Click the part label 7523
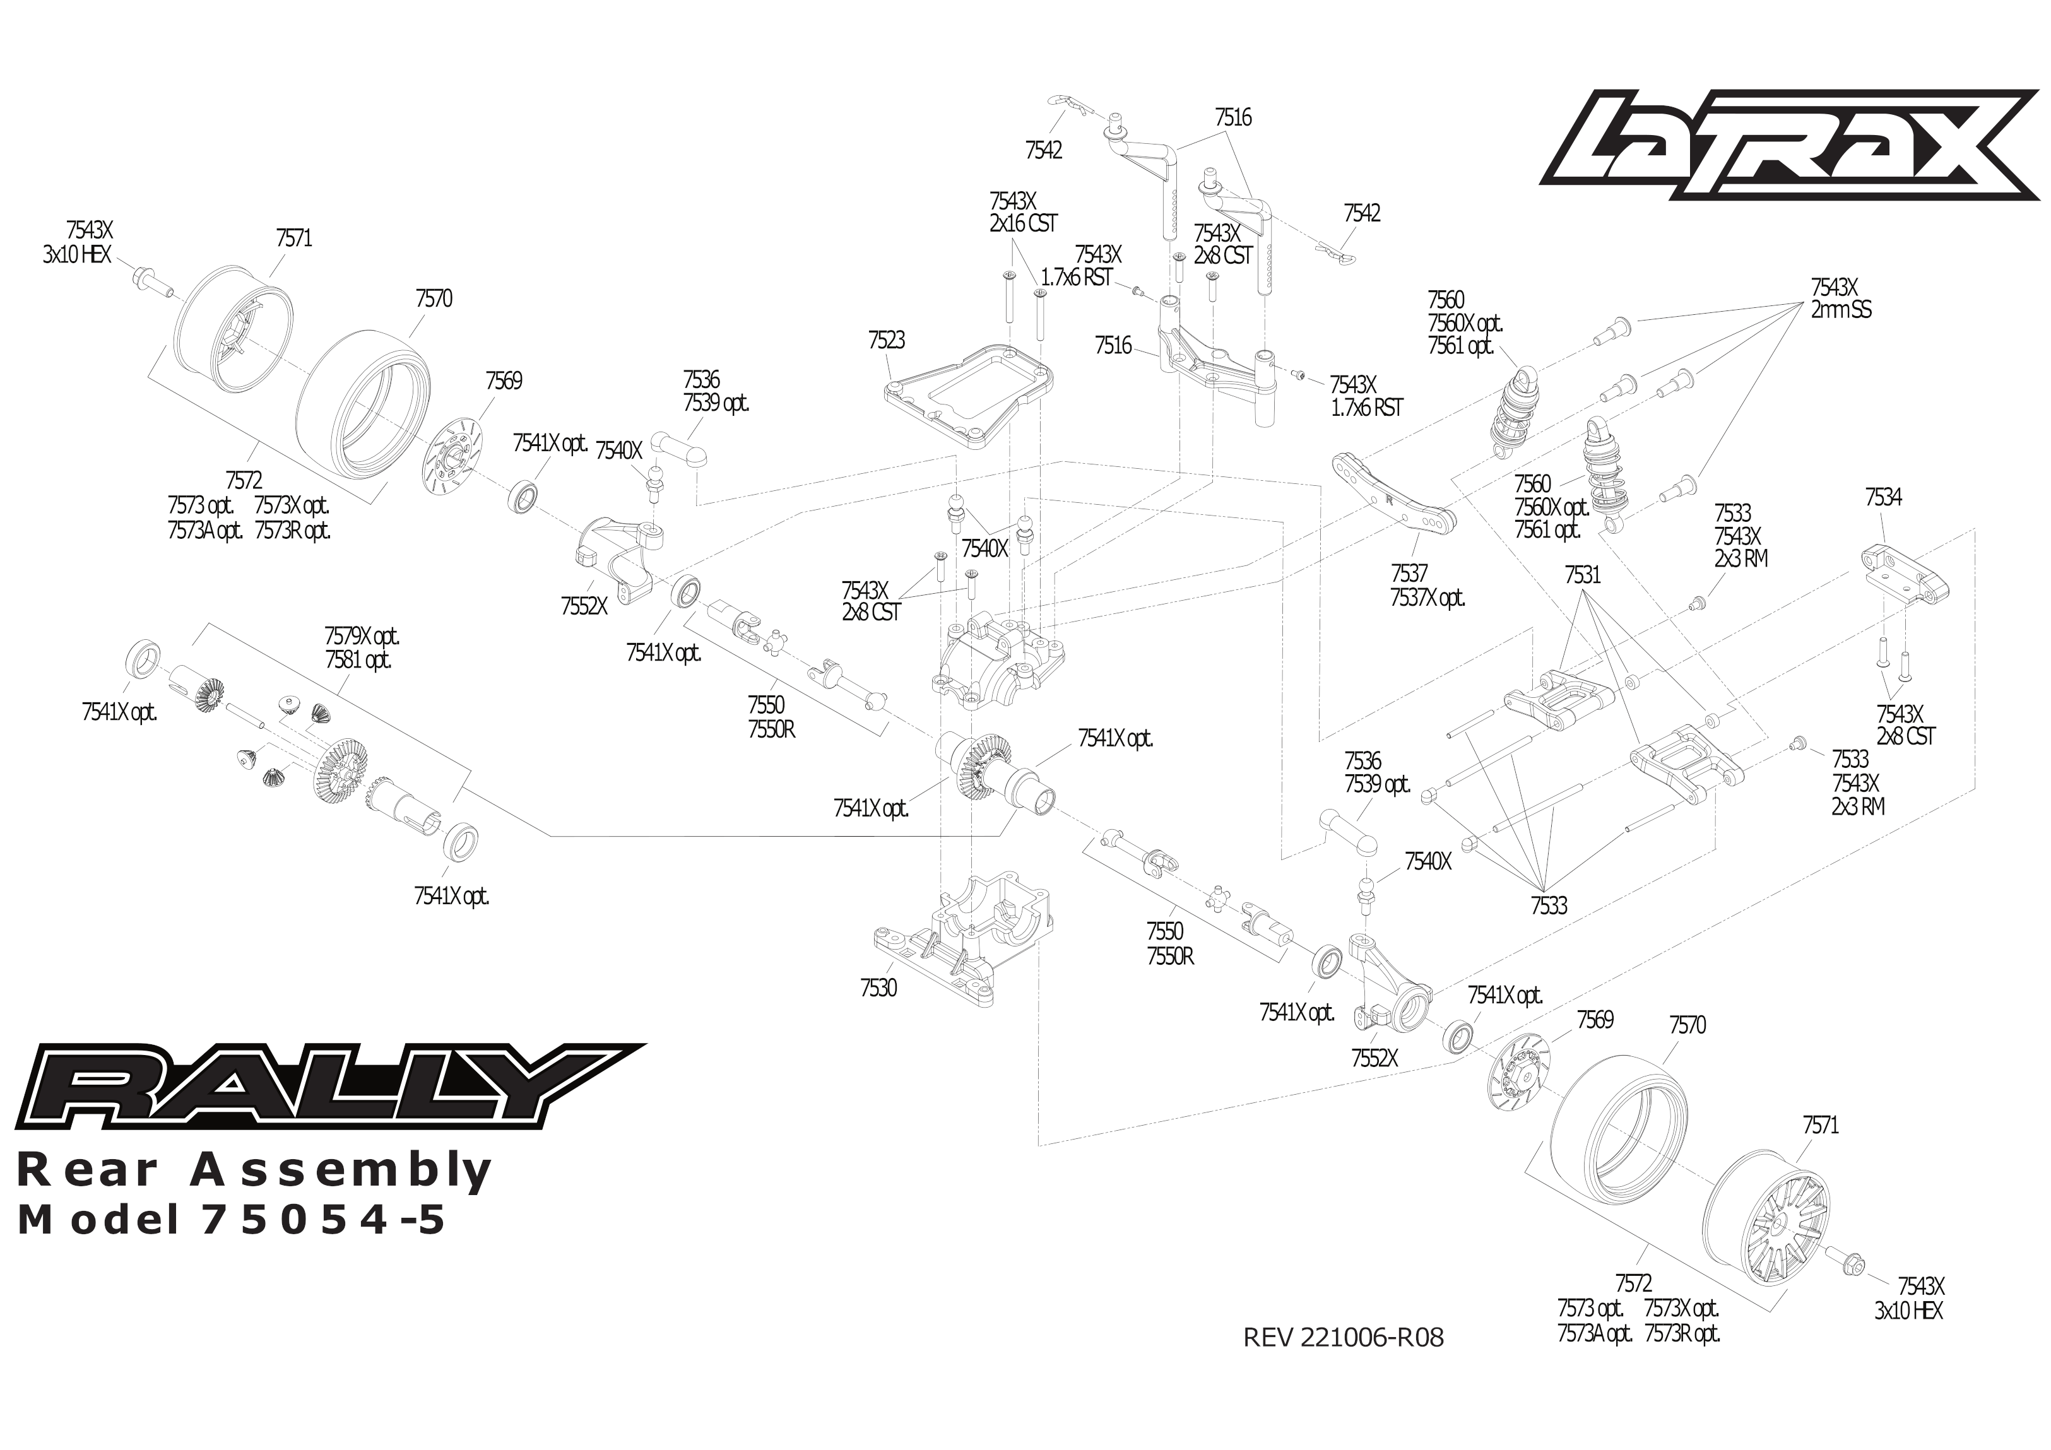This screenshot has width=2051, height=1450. coord(886,340)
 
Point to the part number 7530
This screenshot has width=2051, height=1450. coord(878,988)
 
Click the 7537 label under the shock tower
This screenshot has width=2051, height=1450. coord(1409,573)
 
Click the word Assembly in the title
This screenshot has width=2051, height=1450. coord(340,1170)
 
